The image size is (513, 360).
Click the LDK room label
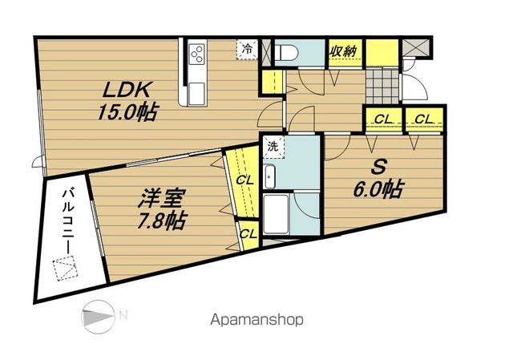coord(127,90)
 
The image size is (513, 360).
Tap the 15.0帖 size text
coord(128,112)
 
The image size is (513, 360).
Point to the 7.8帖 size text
coord(161,220)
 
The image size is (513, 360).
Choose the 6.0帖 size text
coord(378,189)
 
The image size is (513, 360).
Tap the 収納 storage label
coord(342,51)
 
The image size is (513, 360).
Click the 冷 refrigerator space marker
coord(247,50)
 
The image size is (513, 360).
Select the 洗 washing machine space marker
coord(273,147)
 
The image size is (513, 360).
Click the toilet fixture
coord(286,52)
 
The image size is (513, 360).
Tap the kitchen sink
coord(197,94)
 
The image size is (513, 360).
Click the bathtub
coord(276,214)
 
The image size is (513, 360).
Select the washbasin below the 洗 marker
coord(270,176)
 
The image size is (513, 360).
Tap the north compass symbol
coord(98,317)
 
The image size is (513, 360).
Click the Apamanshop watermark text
coord(256,320)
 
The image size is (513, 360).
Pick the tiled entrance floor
coord(382,86)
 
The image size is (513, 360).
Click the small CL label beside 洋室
coord(248,234)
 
